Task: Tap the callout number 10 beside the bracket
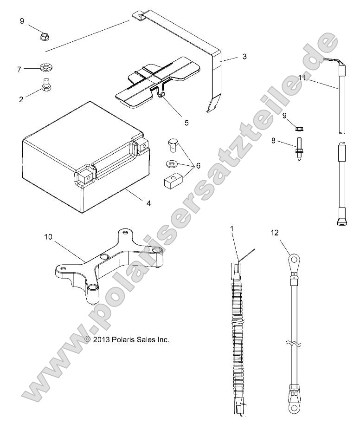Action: click(x=49, y=236)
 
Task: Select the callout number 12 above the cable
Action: click(x=275, y=233)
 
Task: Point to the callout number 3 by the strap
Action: click(x=244, y=57)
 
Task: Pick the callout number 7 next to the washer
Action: click(x=19, y=69)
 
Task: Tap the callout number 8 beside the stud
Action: click(x=273, y=140)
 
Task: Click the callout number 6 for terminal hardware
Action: click(x=198, y=165)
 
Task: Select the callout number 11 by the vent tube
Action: click(x=302, y=78)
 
